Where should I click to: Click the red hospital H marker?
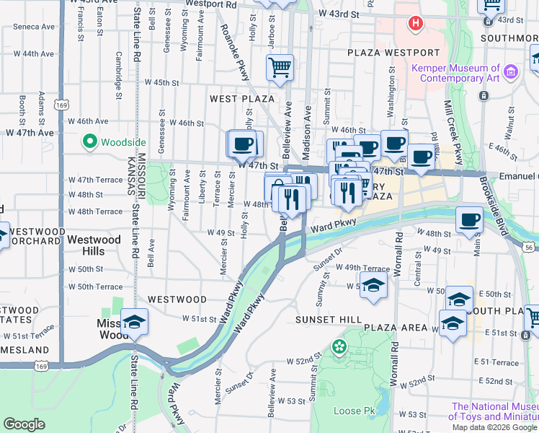[x=415, y=24]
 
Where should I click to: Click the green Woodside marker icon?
[x=90, y=142]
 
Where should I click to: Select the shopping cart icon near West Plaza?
[x=280, y=68]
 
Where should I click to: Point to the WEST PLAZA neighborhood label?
[x=242, y=98]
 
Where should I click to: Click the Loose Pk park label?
[x=355, y=411]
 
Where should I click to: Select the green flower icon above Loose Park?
[x=339, y=348]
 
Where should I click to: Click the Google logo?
[x=24, y=424]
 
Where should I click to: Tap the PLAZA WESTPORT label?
[x=393, y=53]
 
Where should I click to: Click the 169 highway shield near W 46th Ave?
[x=62, y=105]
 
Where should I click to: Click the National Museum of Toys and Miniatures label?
[x=494, y=411]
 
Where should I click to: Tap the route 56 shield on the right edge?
[x=530, y=248]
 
